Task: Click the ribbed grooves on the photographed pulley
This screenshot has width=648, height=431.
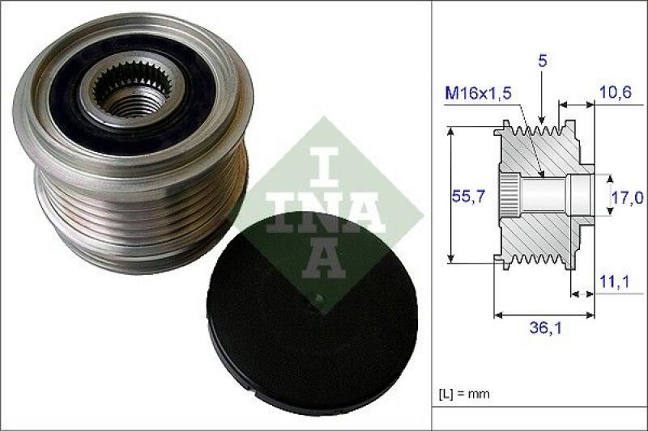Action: [138, 210]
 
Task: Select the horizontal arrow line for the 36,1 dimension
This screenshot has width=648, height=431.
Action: [544, 314]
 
